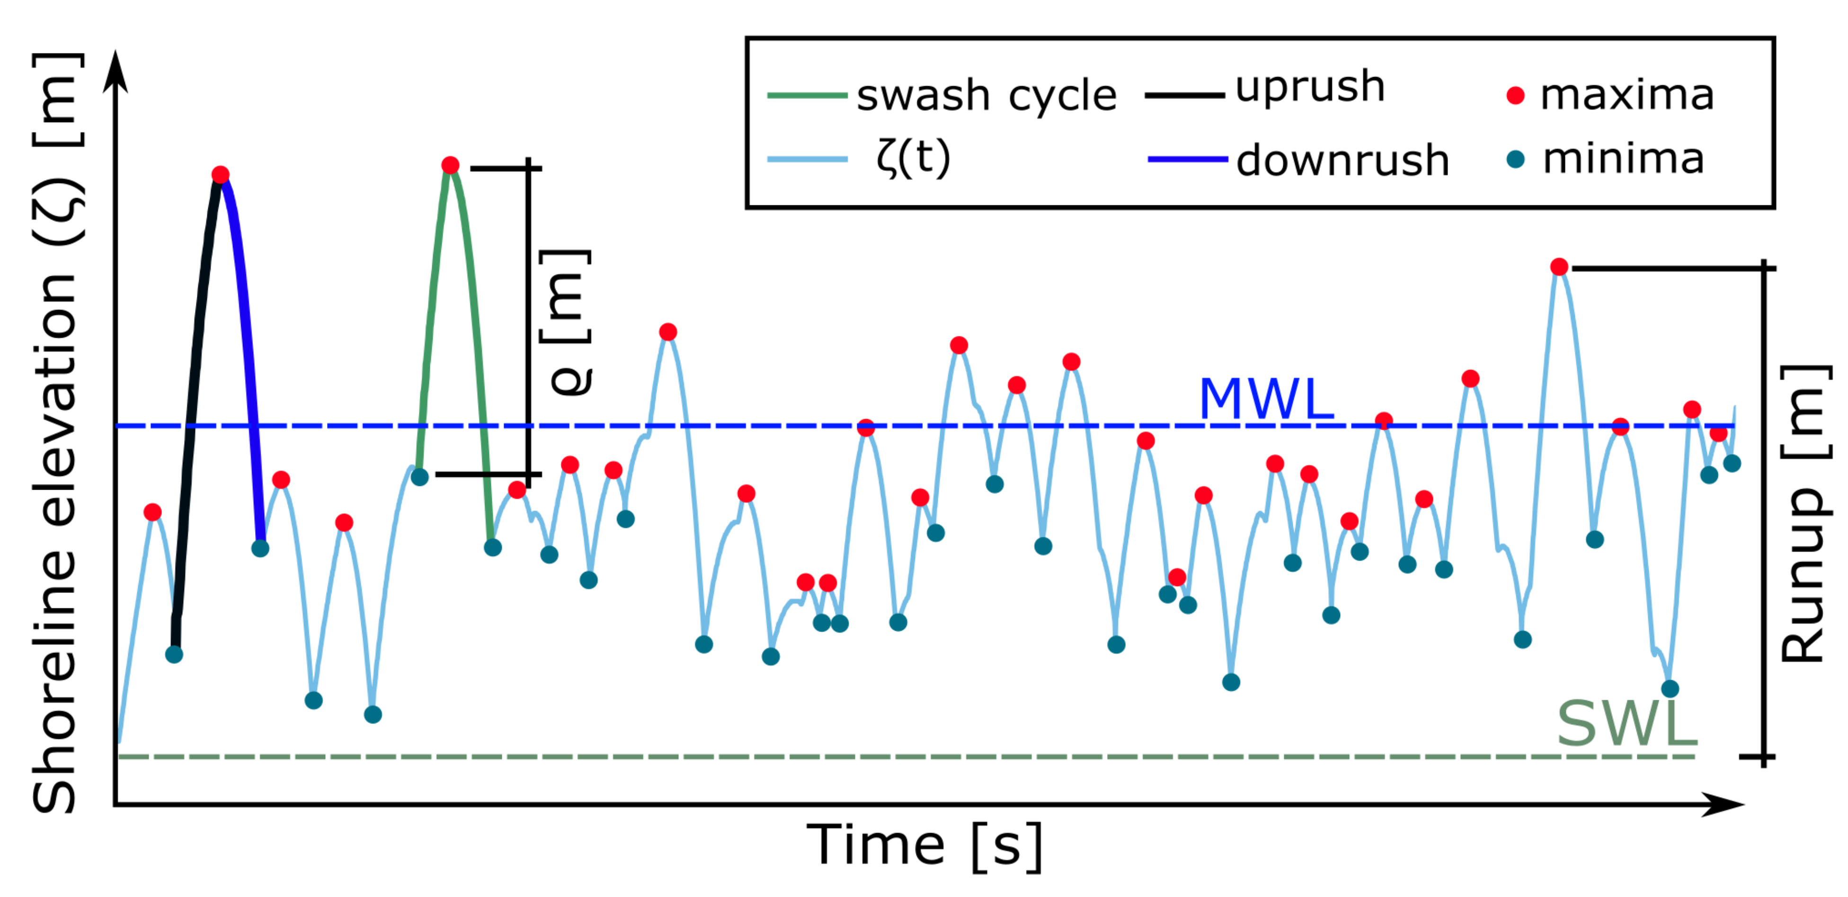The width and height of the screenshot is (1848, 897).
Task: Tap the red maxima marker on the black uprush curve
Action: point(220,175)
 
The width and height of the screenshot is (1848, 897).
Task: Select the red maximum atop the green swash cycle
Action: point(450,166)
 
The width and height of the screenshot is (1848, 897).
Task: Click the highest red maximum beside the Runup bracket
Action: point(1559,267)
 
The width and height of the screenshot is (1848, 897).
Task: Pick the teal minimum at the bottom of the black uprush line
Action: point(174,654)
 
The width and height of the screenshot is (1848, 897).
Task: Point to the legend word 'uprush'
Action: point(1309,88)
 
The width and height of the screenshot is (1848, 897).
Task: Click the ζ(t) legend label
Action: point(913,158)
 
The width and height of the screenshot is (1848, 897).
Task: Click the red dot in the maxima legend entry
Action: point(1515,96)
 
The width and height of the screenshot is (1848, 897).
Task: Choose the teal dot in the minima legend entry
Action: point(1515,159)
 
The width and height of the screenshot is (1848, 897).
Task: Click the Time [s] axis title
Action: point(924,846)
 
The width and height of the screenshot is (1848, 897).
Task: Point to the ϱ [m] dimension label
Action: point(567,323)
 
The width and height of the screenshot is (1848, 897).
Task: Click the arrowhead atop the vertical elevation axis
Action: point(115,72)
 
